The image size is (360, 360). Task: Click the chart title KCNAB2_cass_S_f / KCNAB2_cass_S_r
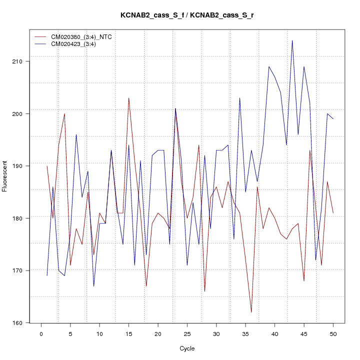[x=186, y=15]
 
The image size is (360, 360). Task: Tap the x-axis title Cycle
[x=186, y=348]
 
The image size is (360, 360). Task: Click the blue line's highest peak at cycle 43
[x=292, y=40]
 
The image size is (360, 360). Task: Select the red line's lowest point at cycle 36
[x=251, y=312]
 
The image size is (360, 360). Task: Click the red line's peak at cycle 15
[x=128, y=98]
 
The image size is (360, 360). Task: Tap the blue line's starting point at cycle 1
[x=47, y=275]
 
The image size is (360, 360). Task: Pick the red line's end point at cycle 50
[x=333, y=213]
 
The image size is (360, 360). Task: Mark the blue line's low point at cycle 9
[x=93, y=286]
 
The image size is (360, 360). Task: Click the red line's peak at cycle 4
[x=64, y=113]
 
